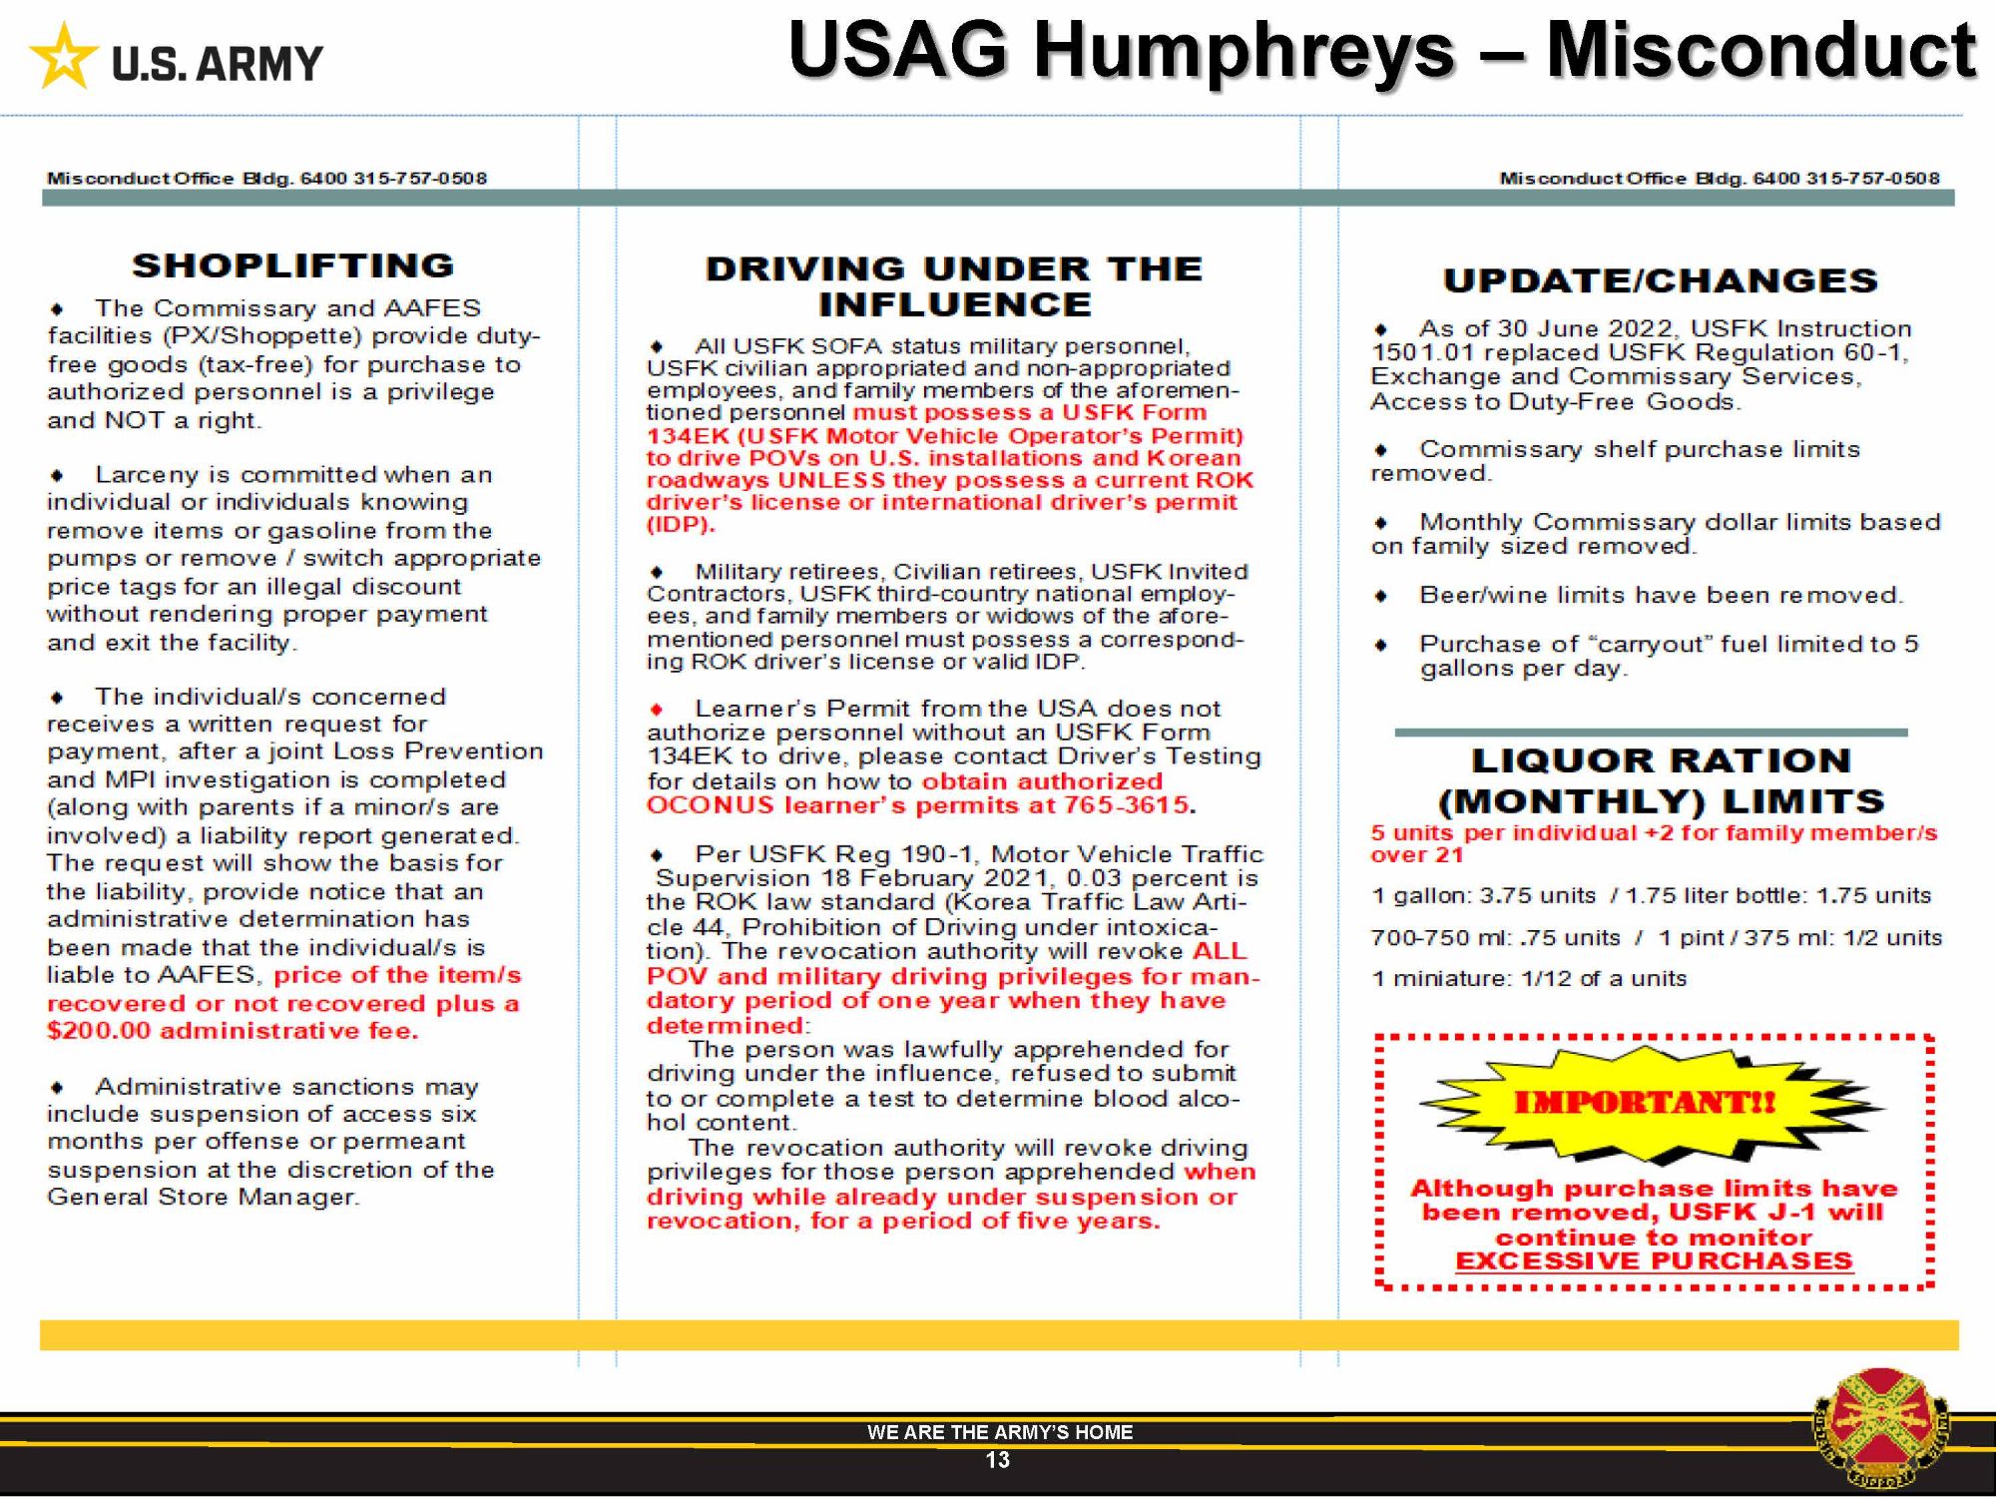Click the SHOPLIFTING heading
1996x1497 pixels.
pyautogui.click(x=293, y=265)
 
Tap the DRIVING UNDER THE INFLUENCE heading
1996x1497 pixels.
pyautogui.click(x=954, y=285)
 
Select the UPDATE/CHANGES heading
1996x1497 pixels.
pyautogui.click(x=1660, y=280)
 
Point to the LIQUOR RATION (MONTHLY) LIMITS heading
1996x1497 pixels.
pyautogui.click(x=1661, y=780)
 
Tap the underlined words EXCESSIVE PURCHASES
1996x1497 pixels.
pyautogui.click(x=1654, y=1261)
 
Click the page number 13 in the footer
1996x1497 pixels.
pyautogui.click(x=997, y=1460)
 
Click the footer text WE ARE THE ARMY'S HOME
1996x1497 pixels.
pyautogui.click(x=999, y=1432)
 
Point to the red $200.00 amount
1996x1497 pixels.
pyautogui.click(x=99, y=1031)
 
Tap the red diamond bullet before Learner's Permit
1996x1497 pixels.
pyautogui.click(x=657, y=710)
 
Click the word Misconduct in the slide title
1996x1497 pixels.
pyautogui.click(x=1760, y=50)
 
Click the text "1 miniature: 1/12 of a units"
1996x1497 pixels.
pyautogui.click(x=1528, y=979)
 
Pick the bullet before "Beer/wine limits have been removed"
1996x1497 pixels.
pyautogui.click(x=1381, y=597)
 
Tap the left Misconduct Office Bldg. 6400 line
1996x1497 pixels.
pyautogui.click(x=266, y=179)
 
